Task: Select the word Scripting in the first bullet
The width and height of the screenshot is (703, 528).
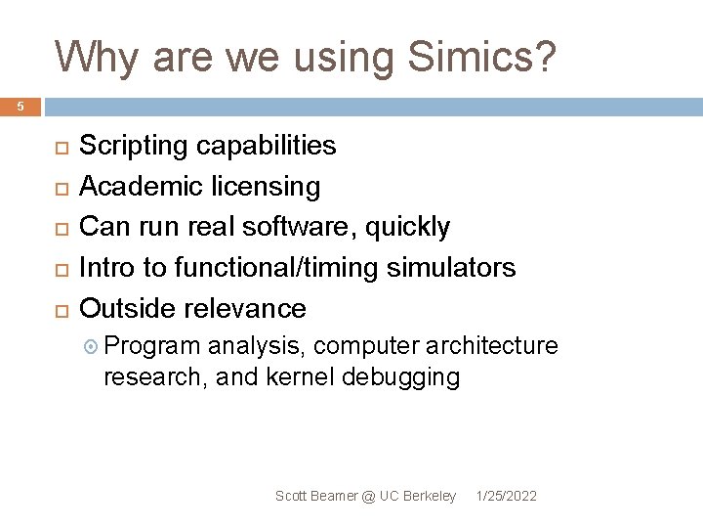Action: [x=134, y=147]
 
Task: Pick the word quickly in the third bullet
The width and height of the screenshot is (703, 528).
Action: [x=408, y=228]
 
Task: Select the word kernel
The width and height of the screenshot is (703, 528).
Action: [x=300, y=376]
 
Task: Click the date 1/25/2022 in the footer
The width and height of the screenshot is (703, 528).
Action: [x=506, y=497]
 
